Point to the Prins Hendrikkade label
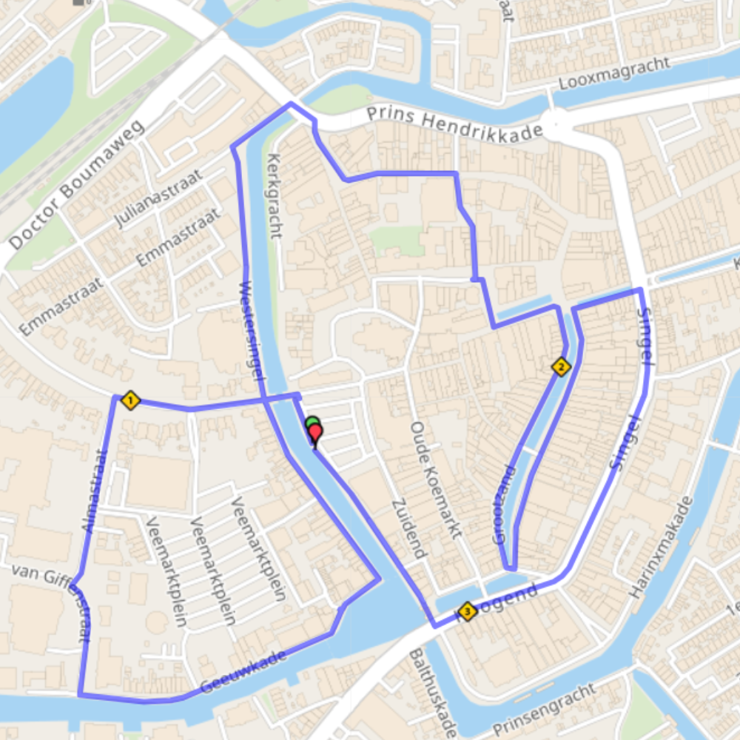(454, 124)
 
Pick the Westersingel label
(252, 330)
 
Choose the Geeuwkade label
(243, 672)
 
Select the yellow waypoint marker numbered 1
(129, 401)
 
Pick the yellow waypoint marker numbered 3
(467, 611)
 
